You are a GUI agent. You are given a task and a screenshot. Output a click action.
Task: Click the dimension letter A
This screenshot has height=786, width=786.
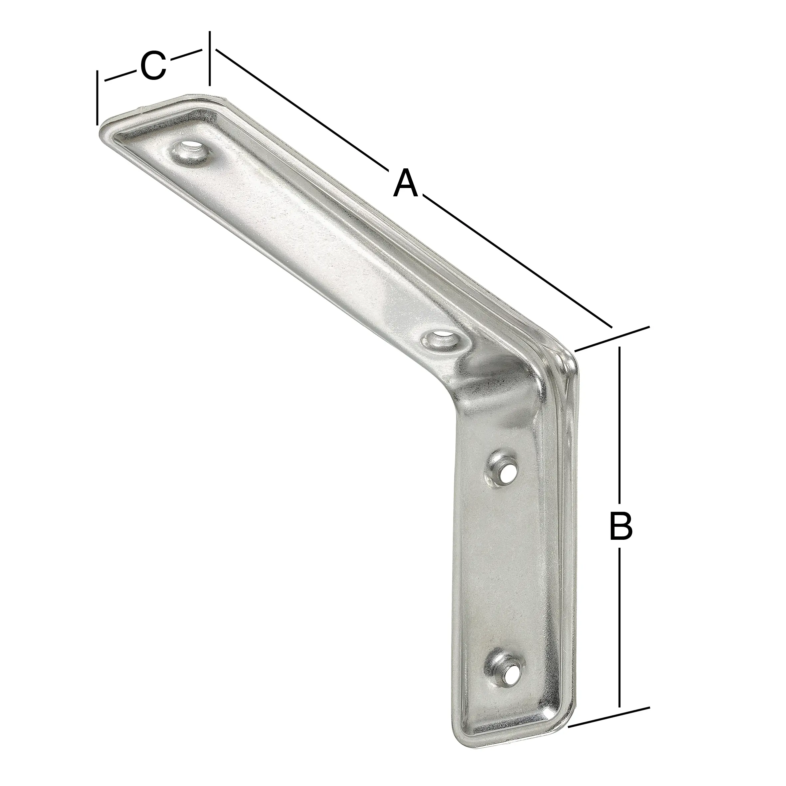click(406, 184)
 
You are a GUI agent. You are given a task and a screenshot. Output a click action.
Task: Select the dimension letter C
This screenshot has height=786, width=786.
click(153, 66)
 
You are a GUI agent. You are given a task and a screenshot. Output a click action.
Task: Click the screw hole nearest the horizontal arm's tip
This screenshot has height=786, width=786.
click(190, 152)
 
